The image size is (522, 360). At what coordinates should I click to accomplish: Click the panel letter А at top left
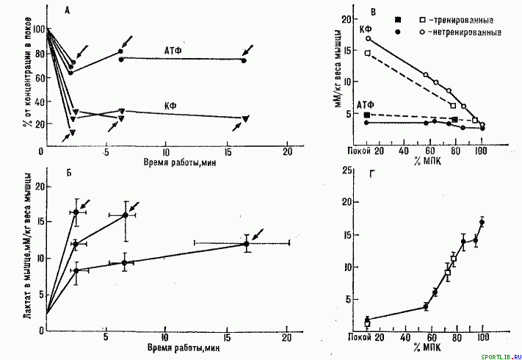click(x=68, y=10)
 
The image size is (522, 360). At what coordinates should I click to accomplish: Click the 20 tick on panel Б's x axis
click(x=286, y=339)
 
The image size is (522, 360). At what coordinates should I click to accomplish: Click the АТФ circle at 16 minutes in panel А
click(x=244, y=60)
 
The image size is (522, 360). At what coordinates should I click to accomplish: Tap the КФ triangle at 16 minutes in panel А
click(x=245, y=118)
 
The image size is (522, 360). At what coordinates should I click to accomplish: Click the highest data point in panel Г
click(x=482, y=222)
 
